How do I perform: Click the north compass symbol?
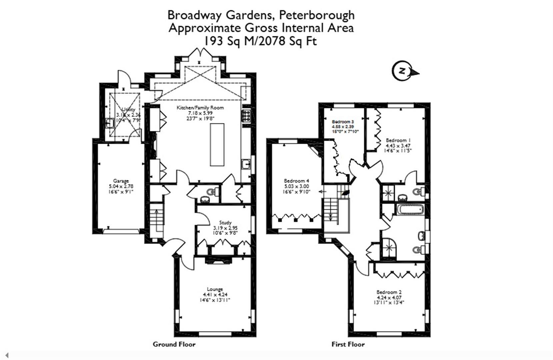[x=403, y=71]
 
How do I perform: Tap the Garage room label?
[x=121, y=181]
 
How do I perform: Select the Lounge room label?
[x=215, y=289]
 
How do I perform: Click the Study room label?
[x=225, y=222]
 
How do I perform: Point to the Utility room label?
[x=128, y=109]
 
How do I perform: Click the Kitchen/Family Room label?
[x=200, y=108]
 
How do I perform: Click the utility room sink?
[x=110, y=123]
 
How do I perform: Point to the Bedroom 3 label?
[x=343, y=122]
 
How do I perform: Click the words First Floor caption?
[x=348, y=344]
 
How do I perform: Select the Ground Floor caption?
[x=174, y=344]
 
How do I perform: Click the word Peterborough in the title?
[x=317, y=15]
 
